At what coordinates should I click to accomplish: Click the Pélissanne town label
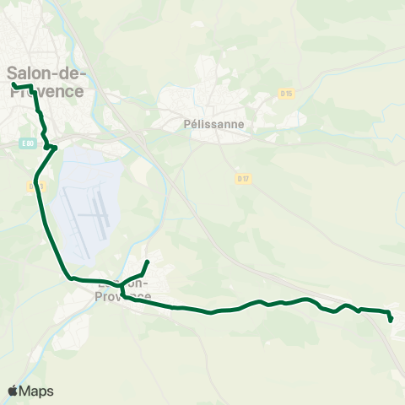click(213, 123)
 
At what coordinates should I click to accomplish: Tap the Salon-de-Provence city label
click(46, 82)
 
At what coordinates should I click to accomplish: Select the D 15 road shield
click(286, 93)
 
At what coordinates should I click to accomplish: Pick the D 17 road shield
click(243, 178)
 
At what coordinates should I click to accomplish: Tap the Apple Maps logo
click(30, 391)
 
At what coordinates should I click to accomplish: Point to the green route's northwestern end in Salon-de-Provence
click(13, 85)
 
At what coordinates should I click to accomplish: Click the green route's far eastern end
click(391, 320)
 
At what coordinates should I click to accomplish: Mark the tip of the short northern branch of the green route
click(148, 262)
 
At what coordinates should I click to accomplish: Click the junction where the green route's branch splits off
click(121, 284)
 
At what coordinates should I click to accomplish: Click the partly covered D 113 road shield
click(34, 185)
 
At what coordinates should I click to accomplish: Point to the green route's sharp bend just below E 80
click(54, 148)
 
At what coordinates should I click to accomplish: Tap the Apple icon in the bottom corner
click(13, 391)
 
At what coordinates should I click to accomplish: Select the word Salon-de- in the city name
click(46, 73)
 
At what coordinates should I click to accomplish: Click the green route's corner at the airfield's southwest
click(72, 278)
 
